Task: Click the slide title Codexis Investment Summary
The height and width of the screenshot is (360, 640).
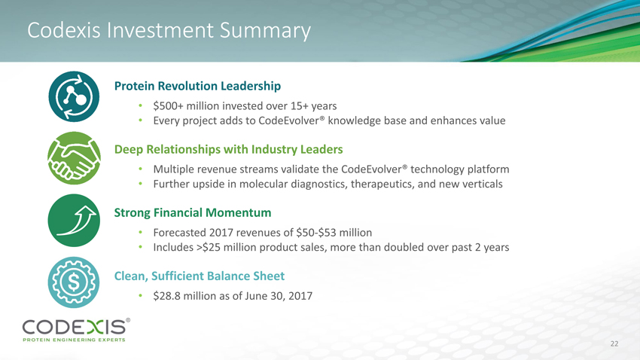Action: tap(169, 31)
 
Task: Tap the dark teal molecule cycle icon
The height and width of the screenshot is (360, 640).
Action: tap(74, 96)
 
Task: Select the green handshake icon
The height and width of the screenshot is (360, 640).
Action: tap(74, 158)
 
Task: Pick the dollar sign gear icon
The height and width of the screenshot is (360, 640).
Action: tap(74, 282)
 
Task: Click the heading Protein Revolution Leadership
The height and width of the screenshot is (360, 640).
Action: tap(197, 86)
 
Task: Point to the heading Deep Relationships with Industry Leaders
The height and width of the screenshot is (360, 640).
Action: tap(229, 149)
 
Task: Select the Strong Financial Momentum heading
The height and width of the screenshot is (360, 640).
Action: tap(193, 212)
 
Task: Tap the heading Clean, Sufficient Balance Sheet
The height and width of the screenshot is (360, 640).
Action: tap(200, 276)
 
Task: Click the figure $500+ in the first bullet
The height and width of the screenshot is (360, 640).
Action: tap(168, 106)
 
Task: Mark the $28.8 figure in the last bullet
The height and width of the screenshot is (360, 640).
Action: tap(166, 296)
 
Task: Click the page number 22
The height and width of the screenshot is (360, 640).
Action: tap(614, 343)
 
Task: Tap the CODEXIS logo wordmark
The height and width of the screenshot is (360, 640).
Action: tap(75, 327)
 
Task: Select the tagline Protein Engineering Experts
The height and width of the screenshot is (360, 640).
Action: tap(74, 340)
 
